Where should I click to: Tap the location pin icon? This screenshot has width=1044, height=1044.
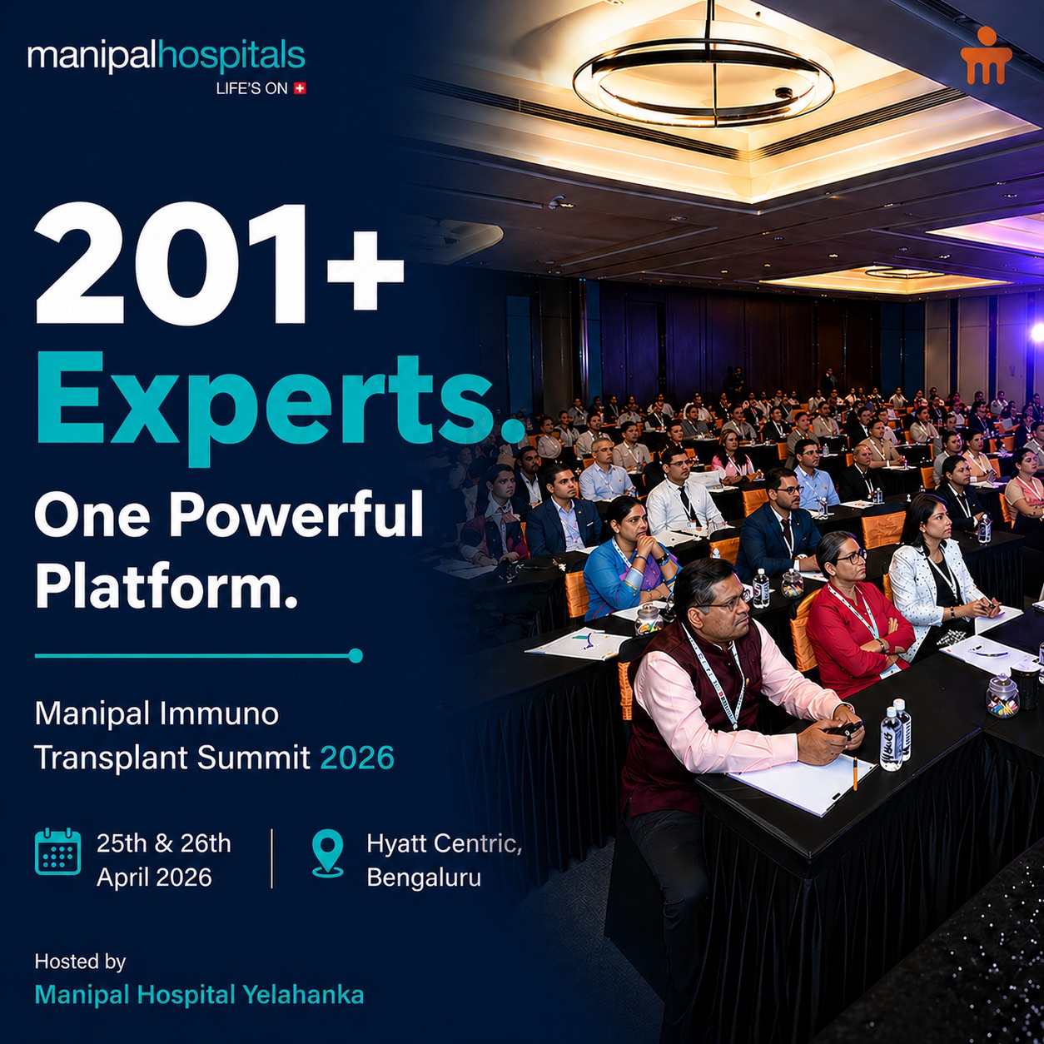[328, 853]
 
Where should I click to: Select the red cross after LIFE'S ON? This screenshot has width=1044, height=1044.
[300, 87]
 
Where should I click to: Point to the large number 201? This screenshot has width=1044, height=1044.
[172, 263]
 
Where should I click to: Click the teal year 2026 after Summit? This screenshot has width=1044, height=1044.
[357, 757]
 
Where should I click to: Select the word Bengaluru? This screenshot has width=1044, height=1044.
[424, 877]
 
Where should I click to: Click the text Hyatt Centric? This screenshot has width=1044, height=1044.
[445, 843]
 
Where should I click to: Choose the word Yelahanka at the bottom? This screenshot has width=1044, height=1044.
[303, 995]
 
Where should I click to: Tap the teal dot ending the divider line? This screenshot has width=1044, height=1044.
[355, 655]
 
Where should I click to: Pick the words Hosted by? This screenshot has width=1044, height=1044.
[80, 962]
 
